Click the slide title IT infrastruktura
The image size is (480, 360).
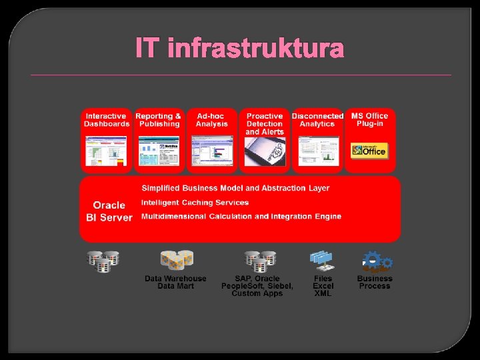coord(240,49)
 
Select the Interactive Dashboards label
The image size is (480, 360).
coord(107,120)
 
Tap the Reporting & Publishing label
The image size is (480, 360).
coord(159,120)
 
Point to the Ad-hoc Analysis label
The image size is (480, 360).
coord(211,120)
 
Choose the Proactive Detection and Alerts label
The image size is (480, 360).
coord(265,123)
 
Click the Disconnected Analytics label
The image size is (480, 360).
coord(317,120)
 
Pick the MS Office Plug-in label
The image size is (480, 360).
coord(369,120)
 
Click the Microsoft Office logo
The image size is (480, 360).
coord(369,150)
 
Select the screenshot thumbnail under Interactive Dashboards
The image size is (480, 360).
coord(107,151)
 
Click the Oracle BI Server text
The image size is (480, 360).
coord(109,211)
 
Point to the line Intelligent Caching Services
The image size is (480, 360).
coord(195,203)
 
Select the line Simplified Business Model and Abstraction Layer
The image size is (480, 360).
coord(235,189)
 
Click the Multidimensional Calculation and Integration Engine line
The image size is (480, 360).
coord(241,217)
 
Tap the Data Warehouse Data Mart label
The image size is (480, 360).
coord(175,282)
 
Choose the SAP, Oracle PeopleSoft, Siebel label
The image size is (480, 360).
coord(257,286)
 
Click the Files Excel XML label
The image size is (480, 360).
coord(323,286)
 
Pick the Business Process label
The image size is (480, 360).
coord(375,282)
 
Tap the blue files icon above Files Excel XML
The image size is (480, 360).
coord(322,260)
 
